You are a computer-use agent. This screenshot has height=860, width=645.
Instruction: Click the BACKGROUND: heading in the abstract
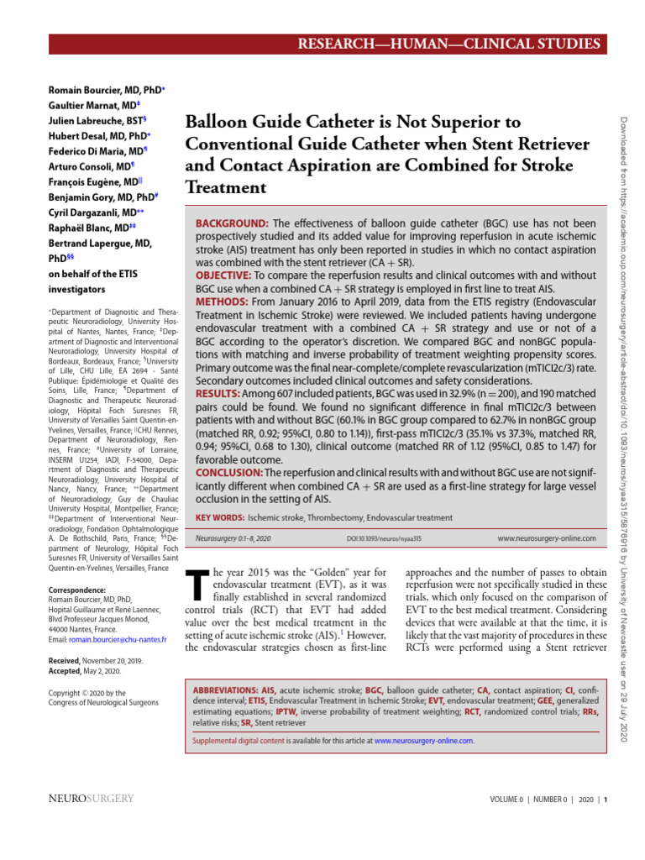pyautogui.click(x=232, y=223)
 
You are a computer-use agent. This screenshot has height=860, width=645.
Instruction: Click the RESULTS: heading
pyautogui.click(x=218, y=392)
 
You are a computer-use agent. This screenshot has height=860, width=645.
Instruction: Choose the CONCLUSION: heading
pyautogui.click(x=229, y=473)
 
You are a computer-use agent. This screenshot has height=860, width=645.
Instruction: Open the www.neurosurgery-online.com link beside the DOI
pyautogui.click(x=546, y=537)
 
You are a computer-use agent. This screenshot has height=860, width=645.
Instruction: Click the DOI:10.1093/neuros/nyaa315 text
pyautogui.click(x=385, y=538)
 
